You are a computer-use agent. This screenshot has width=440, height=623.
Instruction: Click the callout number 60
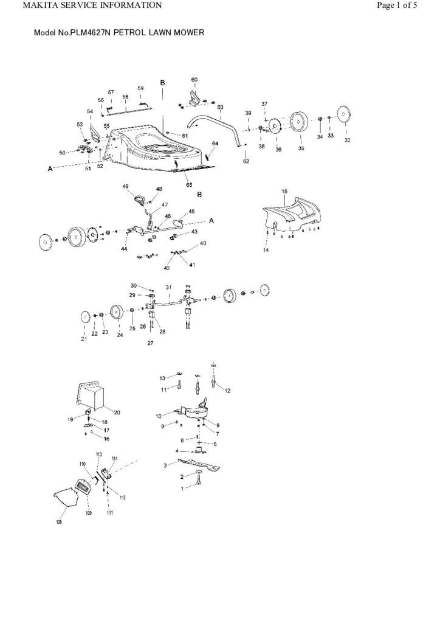[194, 80]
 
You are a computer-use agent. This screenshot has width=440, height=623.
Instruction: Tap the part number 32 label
[347, 141]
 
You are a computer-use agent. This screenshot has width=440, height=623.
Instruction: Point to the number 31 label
[168, 287]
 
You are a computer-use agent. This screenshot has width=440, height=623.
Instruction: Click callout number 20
[117, 412]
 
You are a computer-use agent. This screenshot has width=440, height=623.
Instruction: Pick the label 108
[59, 521]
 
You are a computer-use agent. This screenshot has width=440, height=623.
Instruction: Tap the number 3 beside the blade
[165, 465]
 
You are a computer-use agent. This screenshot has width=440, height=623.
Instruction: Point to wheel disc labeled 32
[345, 114]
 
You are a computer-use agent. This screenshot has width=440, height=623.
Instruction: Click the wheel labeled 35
[298, 124]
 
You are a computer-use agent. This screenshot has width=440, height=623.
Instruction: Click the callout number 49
[125, 186]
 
